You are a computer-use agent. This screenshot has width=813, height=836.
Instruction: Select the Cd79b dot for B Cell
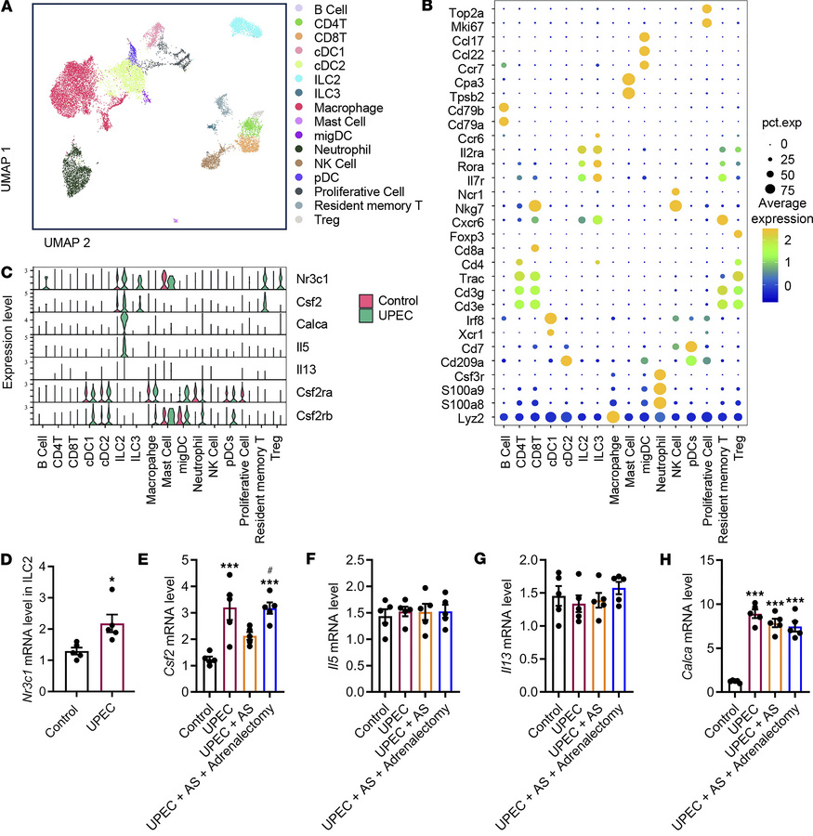(504, 107)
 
